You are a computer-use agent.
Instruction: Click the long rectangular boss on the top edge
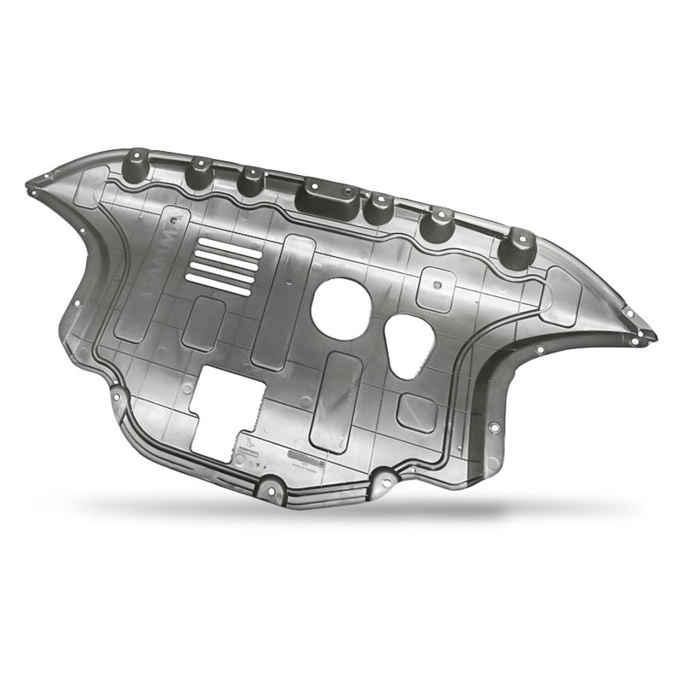(324, 199)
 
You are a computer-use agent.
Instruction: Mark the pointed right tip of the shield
(653, 336)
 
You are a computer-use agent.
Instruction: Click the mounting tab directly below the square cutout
(272, 489)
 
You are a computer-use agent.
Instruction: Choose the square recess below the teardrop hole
(417, 411)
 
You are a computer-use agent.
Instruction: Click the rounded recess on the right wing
(561, 296)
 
